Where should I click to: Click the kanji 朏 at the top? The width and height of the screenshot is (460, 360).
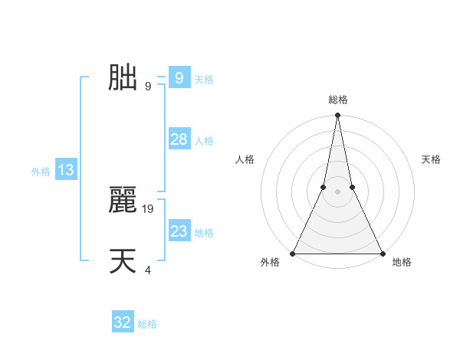coord(123,77)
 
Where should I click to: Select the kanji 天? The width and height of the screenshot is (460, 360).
coord(123,261)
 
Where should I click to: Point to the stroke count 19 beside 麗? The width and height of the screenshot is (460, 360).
coord(149,208)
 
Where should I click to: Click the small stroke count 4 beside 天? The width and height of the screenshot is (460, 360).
coord(148,270)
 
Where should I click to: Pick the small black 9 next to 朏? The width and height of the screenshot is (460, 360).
coord(147,86)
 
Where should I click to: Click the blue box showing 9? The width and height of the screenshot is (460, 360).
coord(179,78)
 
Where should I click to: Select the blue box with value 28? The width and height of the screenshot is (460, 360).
coord(179,139)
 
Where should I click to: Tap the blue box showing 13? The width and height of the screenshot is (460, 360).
coord(66,170)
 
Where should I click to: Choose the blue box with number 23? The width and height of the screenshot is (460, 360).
coord(179,231)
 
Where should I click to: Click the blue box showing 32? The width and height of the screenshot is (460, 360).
coord(123,322)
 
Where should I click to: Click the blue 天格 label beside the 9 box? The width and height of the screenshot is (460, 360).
coord(204,80)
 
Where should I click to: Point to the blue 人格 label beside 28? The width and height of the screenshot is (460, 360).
coord(204,141)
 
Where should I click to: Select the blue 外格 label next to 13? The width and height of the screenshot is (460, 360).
coord(41,172)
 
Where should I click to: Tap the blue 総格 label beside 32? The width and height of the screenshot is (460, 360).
coord(147,324)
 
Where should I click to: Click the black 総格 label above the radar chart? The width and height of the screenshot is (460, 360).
coord(337,100)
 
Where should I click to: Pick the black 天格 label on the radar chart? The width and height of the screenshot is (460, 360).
coord(431,159)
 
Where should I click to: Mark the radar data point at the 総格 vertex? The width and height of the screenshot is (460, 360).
coord(337,116)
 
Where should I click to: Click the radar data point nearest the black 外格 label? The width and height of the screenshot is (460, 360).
coord(293,254)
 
